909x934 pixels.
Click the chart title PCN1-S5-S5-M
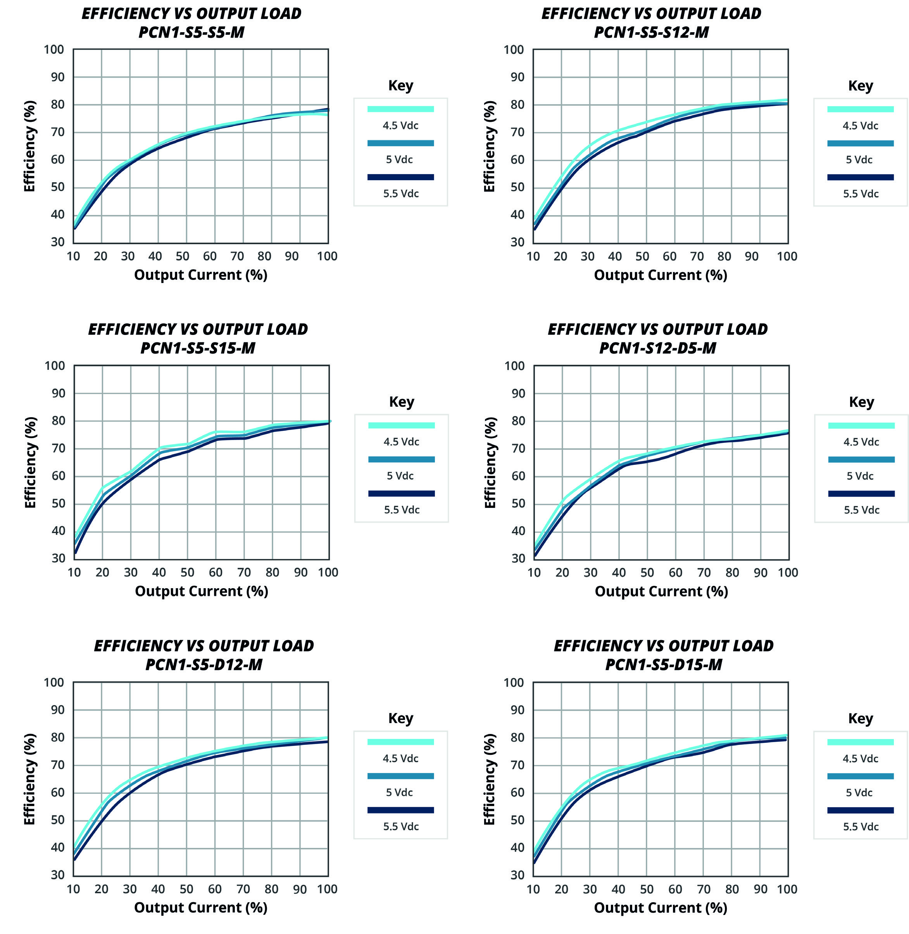(191, 33)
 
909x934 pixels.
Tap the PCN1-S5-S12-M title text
(651, 33)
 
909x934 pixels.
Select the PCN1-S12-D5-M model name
(657, 349)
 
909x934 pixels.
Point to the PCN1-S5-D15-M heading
(664, 665)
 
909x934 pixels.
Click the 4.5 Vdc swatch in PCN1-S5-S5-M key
(400, 109)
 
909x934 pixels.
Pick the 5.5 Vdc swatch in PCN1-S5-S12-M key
(860, 177)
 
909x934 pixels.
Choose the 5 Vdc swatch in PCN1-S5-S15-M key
(402, 459)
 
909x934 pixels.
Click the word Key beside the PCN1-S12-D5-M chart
(861, 402)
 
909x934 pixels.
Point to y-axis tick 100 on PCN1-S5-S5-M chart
(54, 50)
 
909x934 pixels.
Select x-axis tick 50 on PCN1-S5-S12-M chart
(642, 256)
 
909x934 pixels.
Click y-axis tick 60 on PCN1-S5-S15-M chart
(58, 476)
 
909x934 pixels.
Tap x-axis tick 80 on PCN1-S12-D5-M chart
(732, 573)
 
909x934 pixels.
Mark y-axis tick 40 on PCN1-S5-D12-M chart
(57, 847)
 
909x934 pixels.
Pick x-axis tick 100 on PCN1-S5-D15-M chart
(787, 889)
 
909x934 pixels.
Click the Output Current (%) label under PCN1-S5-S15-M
(202, 591)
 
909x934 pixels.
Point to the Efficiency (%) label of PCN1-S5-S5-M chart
(29, 146)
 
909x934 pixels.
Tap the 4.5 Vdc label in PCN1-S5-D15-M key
(860, 759)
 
